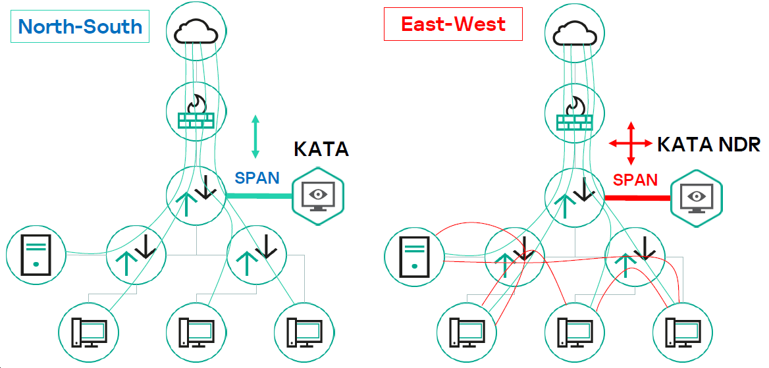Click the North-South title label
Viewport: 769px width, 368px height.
click(80, 26)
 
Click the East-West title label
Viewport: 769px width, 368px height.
click(453, 24)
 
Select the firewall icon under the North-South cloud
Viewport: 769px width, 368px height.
click(196, 113)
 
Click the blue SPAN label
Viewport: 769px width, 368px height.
click(257, 178)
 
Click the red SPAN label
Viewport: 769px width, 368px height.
click(635, 180)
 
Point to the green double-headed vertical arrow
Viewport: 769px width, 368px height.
click(255, 136)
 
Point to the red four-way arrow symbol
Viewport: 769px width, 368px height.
click(631, 142)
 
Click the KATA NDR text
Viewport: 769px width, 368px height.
click(708, 144)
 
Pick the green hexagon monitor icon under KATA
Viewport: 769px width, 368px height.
click(319, 196)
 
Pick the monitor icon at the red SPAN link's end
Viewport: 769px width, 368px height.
click(696, 196)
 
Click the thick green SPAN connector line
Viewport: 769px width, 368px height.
click(259, 196)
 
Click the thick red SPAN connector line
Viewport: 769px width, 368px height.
click(637, 197)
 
